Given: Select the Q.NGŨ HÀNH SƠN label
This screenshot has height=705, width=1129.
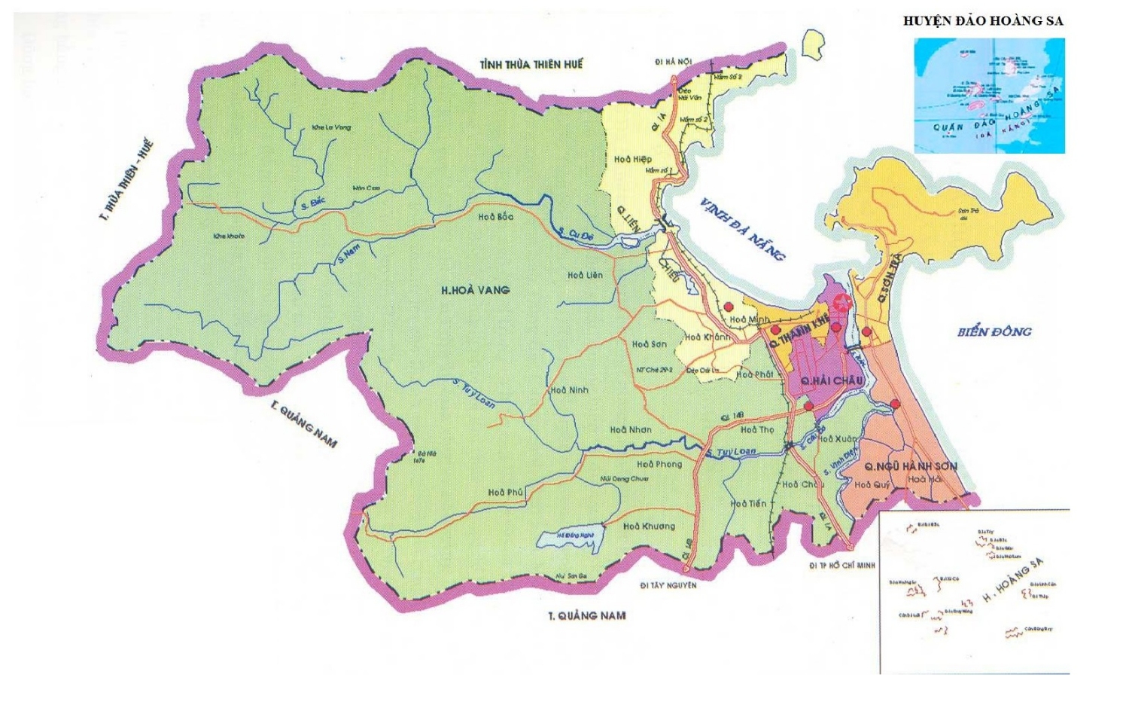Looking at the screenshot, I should (911, 466).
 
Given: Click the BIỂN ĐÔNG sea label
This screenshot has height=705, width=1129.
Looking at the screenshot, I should (994, 331).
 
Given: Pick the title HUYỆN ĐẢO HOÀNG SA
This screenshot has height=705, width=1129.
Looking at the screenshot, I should (983, 21).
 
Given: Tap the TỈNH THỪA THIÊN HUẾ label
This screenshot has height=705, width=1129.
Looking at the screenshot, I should (531, 65).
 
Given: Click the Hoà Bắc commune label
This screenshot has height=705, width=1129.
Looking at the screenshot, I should (495, 217).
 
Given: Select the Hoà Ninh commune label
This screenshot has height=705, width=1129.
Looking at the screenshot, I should (569, 390).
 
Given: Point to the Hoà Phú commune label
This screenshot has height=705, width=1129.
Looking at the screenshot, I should (506, 493).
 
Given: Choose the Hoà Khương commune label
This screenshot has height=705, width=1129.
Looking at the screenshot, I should (649, 526).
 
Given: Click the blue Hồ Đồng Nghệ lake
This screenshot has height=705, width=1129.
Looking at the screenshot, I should (573, 539).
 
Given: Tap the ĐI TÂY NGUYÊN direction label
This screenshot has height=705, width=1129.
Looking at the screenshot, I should (668, 585).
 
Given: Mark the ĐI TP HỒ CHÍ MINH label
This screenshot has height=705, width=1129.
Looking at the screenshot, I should (842, 565).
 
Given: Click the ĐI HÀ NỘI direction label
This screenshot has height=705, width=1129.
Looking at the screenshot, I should (673, 62).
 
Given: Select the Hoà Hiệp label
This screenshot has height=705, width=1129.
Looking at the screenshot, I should (632, 159).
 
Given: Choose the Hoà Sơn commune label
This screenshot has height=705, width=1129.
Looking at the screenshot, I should (649, 343).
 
